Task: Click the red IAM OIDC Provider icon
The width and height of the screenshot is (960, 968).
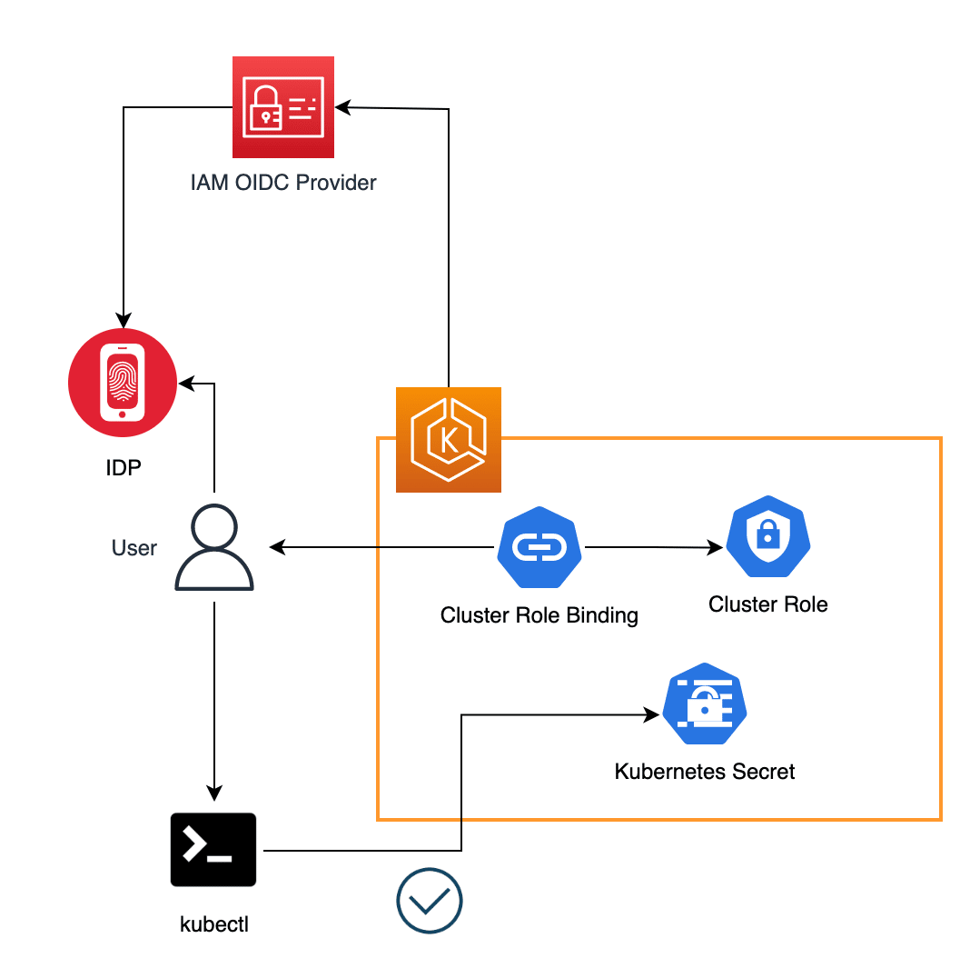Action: coord(283,107)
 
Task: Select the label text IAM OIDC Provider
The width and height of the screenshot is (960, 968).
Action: coord(283,183)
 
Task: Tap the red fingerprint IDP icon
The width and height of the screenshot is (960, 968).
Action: coord(122,382)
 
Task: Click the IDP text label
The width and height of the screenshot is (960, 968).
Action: coord(123,469)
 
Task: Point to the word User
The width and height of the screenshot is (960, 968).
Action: coord(134,548)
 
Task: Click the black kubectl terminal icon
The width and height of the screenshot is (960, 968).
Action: coord(213,850)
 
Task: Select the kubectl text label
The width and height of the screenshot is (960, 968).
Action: coord(214,925)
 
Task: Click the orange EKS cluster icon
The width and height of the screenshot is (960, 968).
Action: coord(449,440)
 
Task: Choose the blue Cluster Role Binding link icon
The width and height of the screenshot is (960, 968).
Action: coord(539,547)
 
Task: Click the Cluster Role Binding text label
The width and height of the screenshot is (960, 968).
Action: coord(539,615)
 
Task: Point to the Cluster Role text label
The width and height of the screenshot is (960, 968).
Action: coord(768,604)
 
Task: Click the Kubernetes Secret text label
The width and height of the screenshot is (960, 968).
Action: coord(705,773)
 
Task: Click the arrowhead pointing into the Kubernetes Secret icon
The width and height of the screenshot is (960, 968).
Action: coord(651,715)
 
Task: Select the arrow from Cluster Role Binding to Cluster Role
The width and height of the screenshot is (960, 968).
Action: coord(654,547)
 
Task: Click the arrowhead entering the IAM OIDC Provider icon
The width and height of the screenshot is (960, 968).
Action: coord(342,107)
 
